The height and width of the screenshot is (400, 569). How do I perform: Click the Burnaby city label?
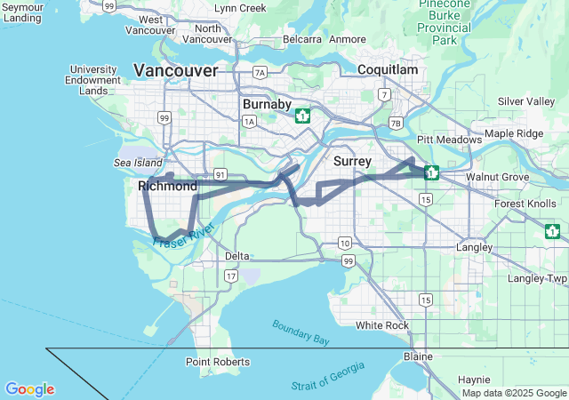(x=267, y=104)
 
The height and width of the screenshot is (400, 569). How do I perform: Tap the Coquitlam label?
(x=388, y=69)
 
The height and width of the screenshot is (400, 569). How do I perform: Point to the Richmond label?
(x=168, y=187)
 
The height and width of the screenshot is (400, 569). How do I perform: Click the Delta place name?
(x=237, y=256)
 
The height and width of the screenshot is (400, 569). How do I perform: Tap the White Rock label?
(x=382, y=325)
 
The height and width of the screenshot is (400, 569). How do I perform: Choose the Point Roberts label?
(x=218, y=362)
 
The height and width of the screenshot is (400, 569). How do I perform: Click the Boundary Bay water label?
(x=301, y=332)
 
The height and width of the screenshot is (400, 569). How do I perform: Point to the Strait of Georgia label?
(x=328, y=377)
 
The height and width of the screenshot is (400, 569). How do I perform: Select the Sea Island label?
(x=134, y=164)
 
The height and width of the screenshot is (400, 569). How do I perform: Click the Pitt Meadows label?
(x=449, y=140)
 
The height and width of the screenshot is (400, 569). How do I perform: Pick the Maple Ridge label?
(x=513, y=133)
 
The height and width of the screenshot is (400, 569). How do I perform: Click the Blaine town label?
(x=418, y=356)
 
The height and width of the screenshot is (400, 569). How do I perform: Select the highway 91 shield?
(x=219, y=175)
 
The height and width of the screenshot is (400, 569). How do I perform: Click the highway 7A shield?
(x=260, y=73)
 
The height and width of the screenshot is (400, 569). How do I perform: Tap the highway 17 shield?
(x=231, y=276)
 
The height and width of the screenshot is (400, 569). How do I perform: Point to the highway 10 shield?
(x=345, y=243)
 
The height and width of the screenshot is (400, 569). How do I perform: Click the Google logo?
(x=29, y=389)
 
